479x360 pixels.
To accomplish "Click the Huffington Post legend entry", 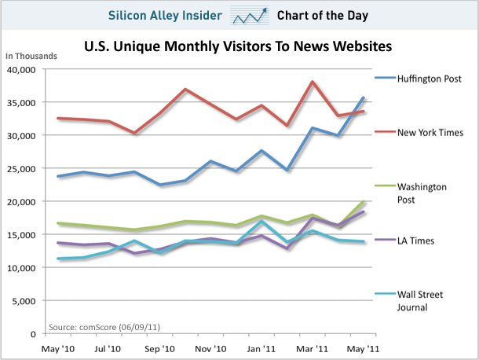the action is point(418,79).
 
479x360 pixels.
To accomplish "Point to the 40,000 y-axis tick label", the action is point(21,70).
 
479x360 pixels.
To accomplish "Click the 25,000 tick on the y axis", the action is point(21,169).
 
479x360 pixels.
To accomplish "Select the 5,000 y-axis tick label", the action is point(24,301).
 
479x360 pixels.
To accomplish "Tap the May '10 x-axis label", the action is point(58,349).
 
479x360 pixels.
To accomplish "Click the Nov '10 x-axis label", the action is point(210,349).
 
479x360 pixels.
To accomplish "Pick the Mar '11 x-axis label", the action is point(313,349).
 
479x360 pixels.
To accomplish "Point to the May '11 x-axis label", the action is point(363,349).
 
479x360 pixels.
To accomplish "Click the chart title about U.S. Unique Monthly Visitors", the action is point(238,46).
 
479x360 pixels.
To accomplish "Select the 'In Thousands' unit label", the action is point(31,56).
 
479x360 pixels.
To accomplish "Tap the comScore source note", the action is point(104,327).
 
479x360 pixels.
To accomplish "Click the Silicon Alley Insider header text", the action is point(165,15).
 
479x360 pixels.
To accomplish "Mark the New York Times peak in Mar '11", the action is point(313,82).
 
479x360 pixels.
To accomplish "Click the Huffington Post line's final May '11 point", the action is point(364,98).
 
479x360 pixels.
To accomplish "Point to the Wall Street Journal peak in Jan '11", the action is point(261,221).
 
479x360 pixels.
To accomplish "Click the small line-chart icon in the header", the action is point(250,16).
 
